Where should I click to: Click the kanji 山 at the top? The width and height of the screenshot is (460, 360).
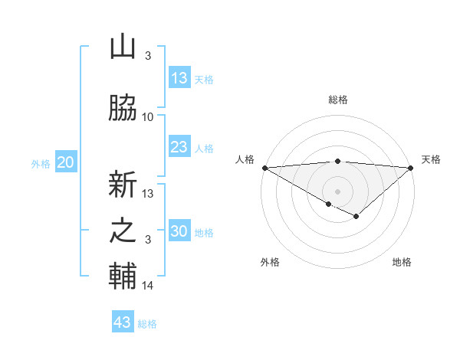click(x=123, y=47)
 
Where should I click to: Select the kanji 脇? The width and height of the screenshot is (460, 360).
click(x=123, y=108)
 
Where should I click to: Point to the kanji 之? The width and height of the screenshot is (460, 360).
click(x=123, y=231)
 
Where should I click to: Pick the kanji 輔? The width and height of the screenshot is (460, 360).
click(x=123, y=277)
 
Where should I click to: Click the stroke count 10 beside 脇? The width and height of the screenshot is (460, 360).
click(x=148, y=117)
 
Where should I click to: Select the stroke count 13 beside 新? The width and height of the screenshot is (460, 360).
click(x=148, y=193)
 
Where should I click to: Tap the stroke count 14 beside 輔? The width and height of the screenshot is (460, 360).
click(x=148, y=286)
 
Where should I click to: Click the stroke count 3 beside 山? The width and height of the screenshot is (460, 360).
click(x=148, y=56)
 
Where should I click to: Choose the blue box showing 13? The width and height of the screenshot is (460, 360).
click(x=179, y=78)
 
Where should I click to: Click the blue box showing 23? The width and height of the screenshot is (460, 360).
click(x=179, y=148)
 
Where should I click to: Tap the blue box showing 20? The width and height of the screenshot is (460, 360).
click(x=66, y=162)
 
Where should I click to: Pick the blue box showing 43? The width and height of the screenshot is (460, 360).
click(x=123, y=322)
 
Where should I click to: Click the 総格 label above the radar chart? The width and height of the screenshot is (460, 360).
click(x=337, y=100)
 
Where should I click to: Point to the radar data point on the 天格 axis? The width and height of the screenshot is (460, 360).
click(x=411, y=168)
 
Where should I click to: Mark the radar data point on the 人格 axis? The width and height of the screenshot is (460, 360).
click(x=264, y=168)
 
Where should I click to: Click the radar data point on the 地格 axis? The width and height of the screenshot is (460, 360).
click(x=356, y=217)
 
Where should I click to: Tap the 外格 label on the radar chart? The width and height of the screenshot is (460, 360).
click(x=270, y=262)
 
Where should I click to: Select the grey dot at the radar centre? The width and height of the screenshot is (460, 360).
click(x=337, y=191)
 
